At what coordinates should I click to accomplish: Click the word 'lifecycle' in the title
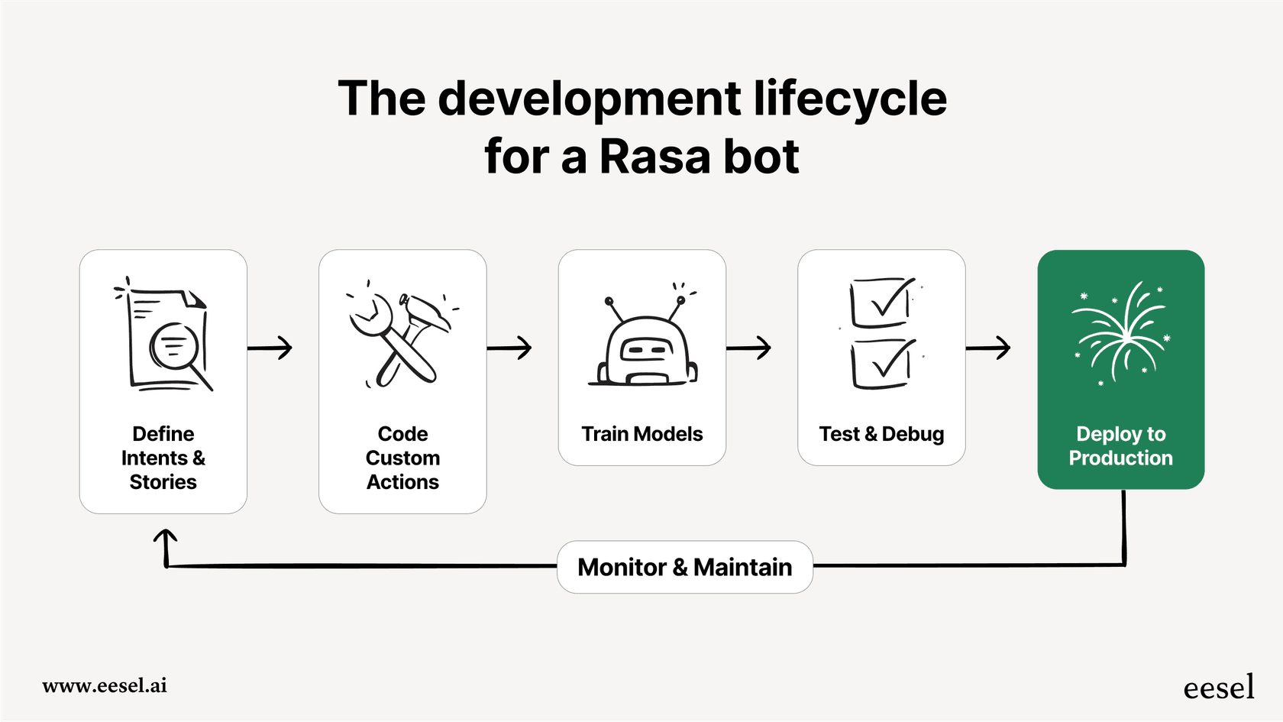click(849, 99)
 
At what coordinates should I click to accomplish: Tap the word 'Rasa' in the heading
click(654, 157)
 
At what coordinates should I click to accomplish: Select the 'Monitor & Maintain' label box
click(684, 567)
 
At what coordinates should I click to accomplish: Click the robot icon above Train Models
click(643, 344)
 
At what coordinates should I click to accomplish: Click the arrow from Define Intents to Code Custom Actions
click(270, 348)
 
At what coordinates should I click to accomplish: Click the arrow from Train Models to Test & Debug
click(749, 348)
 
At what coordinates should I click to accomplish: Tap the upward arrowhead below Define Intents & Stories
click(166, 538)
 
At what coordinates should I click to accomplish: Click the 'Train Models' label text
click(641, 434)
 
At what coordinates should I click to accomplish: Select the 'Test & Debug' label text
click(881, 434)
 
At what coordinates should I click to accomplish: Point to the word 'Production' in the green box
click(1120, 458)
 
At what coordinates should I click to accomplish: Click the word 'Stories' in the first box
click(163, 482)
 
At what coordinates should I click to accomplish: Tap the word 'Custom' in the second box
click(402, 458)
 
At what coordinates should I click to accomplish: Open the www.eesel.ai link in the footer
click(105, 685)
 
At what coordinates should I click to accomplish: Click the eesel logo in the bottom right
click(1218, 688)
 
